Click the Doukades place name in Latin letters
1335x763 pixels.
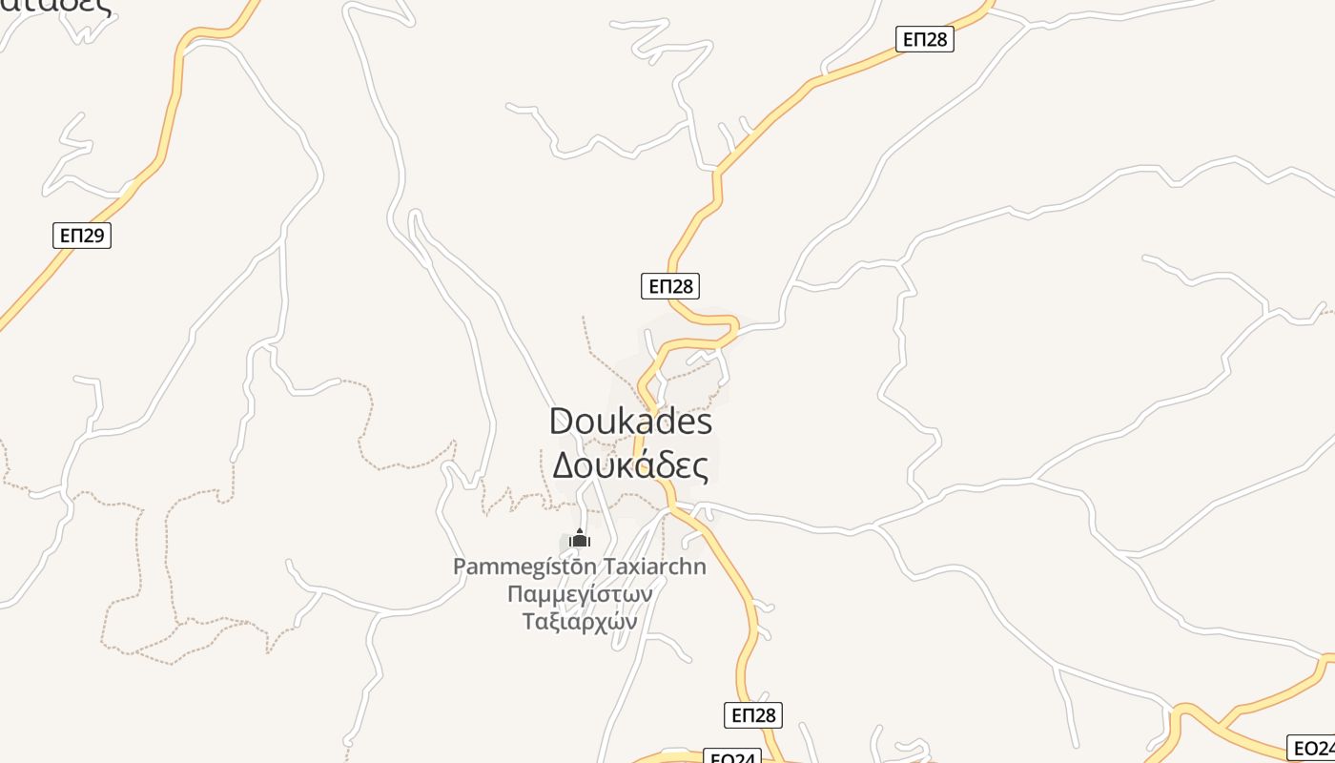[630, 422]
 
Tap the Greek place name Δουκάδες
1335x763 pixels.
[630, 466]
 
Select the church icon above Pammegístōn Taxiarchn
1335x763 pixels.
[579, 539]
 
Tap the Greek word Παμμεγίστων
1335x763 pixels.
[580, 594]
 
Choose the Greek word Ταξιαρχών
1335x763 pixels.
[580, 622]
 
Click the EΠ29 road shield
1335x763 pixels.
[82, 235]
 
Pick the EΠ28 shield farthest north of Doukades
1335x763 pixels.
[925, 39]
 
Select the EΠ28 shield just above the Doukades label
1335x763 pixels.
[670, 286]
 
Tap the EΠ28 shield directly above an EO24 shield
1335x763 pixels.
[753, 715]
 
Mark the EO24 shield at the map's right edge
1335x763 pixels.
[1313, 748]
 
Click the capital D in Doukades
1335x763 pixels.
[563, 422]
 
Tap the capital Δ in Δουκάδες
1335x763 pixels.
[564, 466]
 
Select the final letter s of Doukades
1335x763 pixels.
[704, 423]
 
